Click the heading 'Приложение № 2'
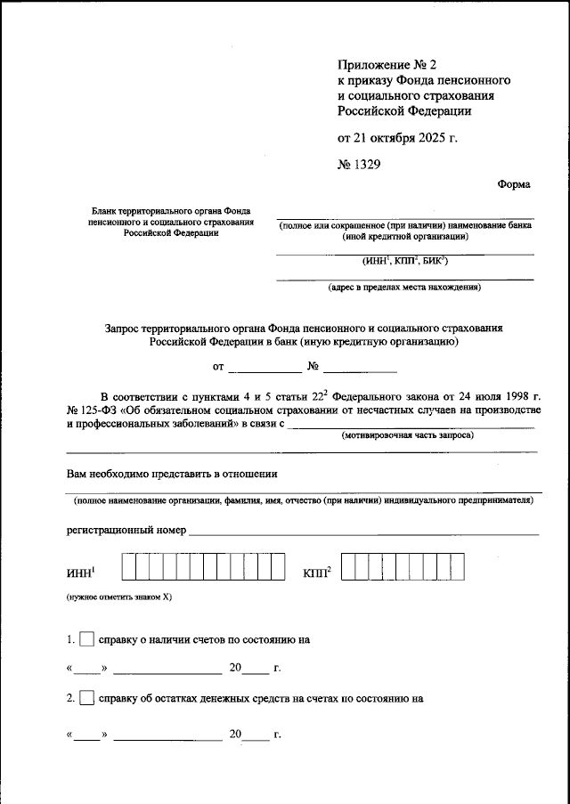click(x=385, y=63)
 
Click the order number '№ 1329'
click(x=361, y=163)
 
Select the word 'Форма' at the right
click(x=513, y=184)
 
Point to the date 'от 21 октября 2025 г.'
click(x=396, y=138)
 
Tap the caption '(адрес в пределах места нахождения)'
click(x=404, y=288)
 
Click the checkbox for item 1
click(x=86, y=639)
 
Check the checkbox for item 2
click(x=86, y=699)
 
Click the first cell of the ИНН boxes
click(x=129, y=567)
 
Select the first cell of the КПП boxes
click(x=349, y=567)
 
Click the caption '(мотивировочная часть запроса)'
click(x=408, y=435)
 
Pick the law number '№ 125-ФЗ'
click(x=94, y=409)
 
